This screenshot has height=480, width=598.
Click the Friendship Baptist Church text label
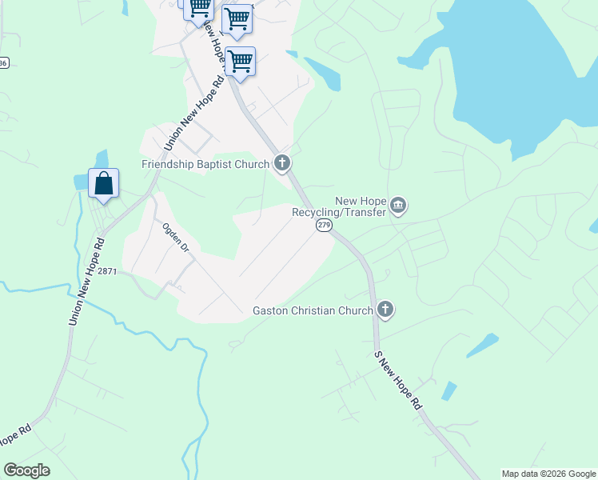(x=205, y=164)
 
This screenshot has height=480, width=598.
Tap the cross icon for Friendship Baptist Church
(x=281, y=164)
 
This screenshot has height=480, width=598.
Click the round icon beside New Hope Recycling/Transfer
(x=397, y=207)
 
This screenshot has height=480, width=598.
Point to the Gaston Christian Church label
(x=313, y=310)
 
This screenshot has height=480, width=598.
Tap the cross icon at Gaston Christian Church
(x=385, y=310)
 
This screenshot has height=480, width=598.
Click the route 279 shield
(x=323, y=226)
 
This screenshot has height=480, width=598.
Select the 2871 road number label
(x=108, y=272)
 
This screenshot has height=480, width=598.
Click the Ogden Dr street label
(x=175, y=238)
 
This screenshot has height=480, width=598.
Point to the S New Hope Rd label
(x=398, y=380)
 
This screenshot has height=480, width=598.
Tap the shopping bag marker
(x=104, y=184)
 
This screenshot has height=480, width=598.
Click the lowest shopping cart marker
(x=240, y=62)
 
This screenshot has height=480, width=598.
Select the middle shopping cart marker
(x=237, y=19)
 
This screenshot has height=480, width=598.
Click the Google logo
(x=26, y=470)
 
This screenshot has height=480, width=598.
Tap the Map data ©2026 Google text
(x=549, y=474)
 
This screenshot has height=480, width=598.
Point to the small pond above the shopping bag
(x=101, y=158)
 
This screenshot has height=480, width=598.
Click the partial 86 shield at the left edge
(x=4, y=63)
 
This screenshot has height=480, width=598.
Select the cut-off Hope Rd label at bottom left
(x=14, y=438)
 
